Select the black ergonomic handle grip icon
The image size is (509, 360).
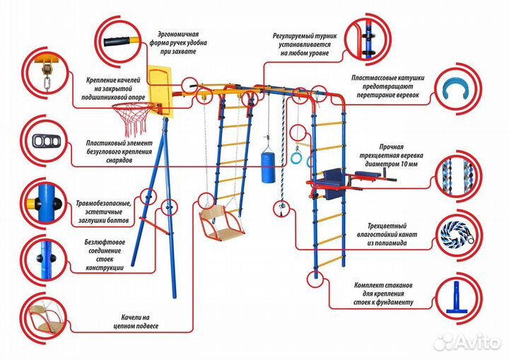click(x=117, y=40)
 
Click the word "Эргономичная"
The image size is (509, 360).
click(x=178, y=34)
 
